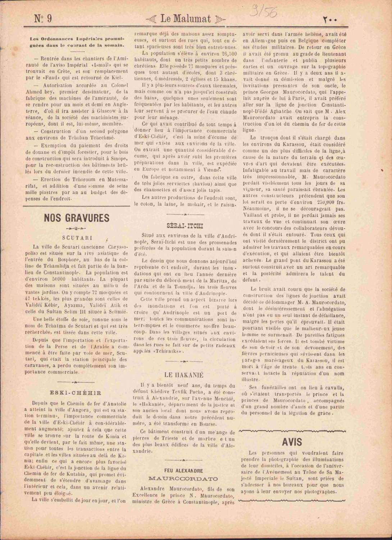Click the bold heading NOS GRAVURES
pyautogui.click(x=76, y=218)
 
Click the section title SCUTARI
pyautogui.click(x=77, y=238)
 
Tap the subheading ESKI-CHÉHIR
pyautogui.click(x=75, y=393)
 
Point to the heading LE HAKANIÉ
pyautogui.click(x=184, y=374)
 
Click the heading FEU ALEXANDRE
pyautogui.click(x=183, y=471)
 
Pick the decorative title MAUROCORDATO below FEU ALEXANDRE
pyautogui.click(x=183, y=479)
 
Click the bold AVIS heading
pyautogui.click(x=292, y=442)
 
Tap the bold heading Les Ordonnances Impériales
pyautogui.click(x=77, y=42)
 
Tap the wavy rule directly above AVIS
pyautogui.click(x=292, y=431)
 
